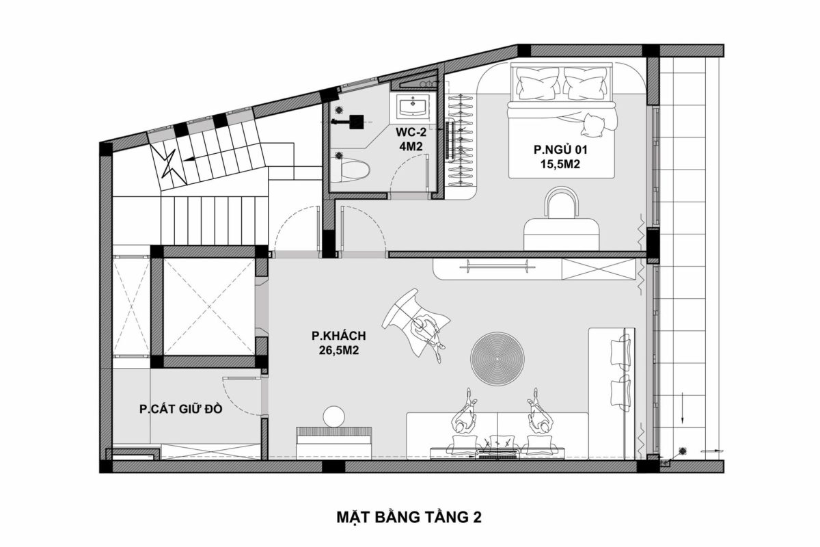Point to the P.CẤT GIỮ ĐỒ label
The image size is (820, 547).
(180, 410)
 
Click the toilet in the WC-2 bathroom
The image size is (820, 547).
(352, 165)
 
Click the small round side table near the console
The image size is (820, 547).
(334, 416)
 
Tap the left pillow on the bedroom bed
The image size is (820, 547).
(536, 84)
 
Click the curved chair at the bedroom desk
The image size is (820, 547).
(562, 204)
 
